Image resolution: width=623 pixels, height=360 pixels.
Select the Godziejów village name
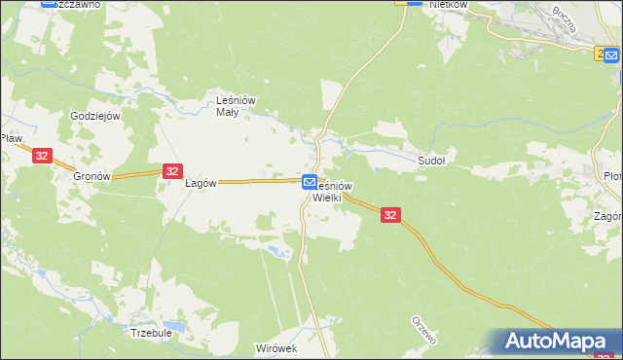(x=94, y=116)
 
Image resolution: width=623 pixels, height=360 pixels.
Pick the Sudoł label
(x=431, y=161)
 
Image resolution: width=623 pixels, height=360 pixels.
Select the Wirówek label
(x=275, y=347)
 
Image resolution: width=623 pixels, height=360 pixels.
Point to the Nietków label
(x=449, y=5)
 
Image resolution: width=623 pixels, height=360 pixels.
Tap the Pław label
(x=11, y=139)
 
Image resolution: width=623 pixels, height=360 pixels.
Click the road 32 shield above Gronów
(x=41, y=156)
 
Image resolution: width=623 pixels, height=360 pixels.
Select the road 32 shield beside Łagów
(x=171, y=171)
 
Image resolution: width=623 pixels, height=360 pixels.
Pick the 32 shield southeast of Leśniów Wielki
(x=389, y=215)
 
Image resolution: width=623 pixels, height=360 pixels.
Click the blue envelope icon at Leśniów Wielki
(x=309, y=182)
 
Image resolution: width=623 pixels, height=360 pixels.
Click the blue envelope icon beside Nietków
(x=413, y=4)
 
